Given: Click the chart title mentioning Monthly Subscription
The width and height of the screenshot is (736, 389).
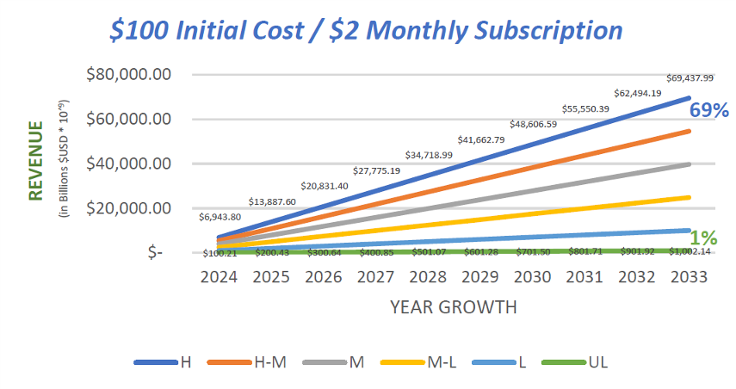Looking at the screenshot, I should coord(367,30).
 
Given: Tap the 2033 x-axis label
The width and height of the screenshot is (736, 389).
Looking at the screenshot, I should coord(689,278).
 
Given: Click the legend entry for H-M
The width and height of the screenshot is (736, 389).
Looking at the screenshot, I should coord(250,362).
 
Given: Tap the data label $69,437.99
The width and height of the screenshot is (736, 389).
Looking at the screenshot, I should coord(689,78).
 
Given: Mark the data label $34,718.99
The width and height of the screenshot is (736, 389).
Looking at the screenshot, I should coord(427,156).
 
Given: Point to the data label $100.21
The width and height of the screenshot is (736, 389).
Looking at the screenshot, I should coord(220,253).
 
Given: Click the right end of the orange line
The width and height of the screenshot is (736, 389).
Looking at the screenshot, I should coord(689,131).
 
